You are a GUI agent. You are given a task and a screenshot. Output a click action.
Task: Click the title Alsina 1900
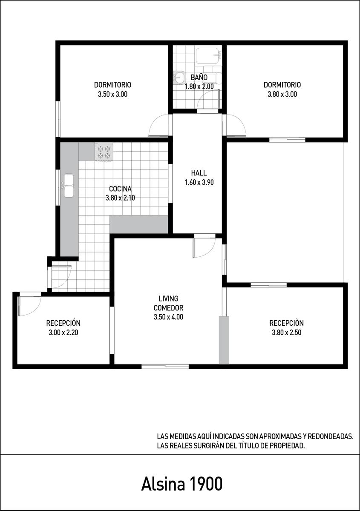(182, 484)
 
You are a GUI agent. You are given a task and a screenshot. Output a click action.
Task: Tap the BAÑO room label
(199, 78)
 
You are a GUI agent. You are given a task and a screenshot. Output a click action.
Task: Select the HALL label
(199, 173)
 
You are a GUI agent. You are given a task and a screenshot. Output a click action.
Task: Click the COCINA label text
(120, 189)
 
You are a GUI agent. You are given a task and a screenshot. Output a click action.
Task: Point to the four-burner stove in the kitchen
(104, 152)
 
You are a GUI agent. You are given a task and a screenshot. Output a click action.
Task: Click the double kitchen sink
(69, 186)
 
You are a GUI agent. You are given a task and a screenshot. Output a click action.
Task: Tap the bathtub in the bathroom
(209, 56)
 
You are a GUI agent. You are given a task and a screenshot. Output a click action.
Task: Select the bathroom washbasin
(178, 77)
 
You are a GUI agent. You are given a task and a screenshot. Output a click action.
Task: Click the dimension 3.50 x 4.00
(168, 317)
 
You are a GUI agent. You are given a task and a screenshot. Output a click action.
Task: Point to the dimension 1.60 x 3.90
(199, 182)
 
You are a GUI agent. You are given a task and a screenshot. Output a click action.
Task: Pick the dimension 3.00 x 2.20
(63, 333)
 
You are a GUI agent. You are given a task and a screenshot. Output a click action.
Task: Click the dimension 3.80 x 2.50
(286, 333)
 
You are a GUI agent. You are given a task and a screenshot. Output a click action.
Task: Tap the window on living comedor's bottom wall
(165, 367)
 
